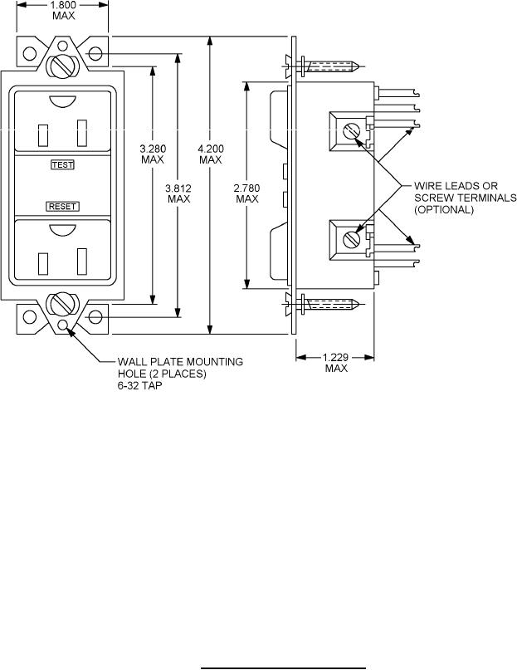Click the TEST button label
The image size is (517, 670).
tap(62, 164)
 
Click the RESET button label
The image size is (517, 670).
tap(62, 207)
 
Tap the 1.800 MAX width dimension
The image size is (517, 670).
tap(63, 11)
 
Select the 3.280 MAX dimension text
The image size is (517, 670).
tap(153, 154)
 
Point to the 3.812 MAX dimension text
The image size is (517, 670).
tap(178, 193)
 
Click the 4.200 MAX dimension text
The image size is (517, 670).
tap(210, 154)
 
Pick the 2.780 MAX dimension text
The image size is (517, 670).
tap(247, 193)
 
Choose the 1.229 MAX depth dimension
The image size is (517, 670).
tap(336, 362)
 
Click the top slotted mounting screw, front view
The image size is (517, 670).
tap(63, 66)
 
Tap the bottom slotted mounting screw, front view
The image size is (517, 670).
tap(62, 305)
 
